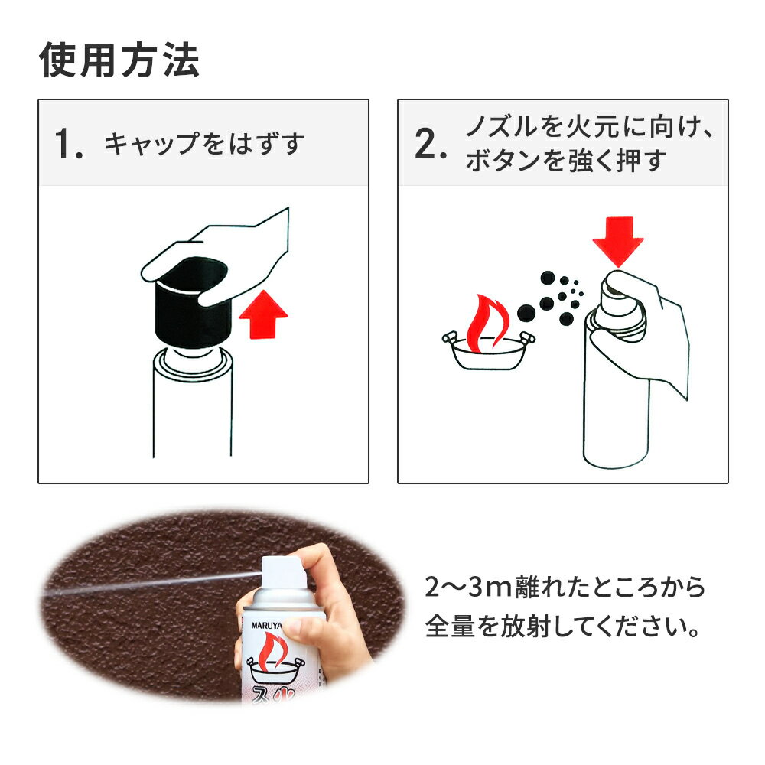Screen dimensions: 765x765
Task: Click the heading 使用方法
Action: [x=119, y=60]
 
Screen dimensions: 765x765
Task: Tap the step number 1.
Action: [x=68, y=144]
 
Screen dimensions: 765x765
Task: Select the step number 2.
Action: [x=430, y=144]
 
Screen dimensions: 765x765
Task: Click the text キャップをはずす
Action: [x=204, y=144]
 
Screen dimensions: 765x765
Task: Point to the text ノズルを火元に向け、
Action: [x=589, y=127]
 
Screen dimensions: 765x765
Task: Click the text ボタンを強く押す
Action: [x=566, y=161]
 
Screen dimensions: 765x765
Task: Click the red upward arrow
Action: [x=263, y=314]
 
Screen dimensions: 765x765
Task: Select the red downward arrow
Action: [x=618, y=242]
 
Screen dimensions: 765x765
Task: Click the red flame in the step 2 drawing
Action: [x=487, y=322]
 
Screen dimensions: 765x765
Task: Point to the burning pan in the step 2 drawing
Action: [x=489, y=350]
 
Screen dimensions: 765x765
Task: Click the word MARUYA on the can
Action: [x=266, y=626]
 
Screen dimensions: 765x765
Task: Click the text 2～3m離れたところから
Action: [x=565, y=588]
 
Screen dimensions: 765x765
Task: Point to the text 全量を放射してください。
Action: [x=563, y=627]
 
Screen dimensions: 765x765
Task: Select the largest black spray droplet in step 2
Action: [x=526, y=313]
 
